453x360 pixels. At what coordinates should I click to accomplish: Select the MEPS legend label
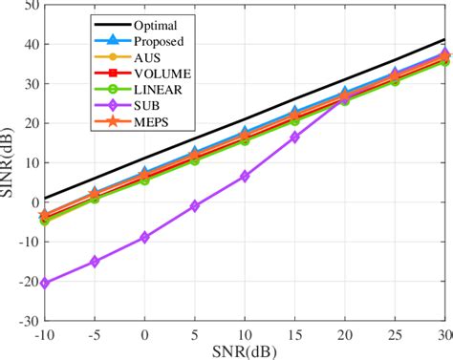click(154, 120)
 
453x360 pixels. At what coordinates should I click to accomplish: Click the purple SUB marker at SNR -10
click(44, 283)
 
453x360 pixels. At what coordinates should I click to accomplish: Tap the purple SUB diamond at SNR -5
click(95, 261)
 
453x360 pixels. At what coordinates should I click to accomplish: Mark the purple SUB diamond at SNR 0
click(144, 237)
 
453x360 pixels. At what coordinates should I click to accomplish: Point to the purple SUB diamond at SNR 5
click(195, 205)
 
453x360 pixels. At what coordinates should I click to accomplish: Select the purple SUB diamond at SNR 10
click(245, 176)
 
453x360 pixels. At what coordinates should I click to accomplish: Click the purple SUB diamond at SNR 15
click(294, 138)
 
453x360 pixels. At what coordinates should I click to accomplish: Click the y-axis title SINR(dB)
click(9, 163)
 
